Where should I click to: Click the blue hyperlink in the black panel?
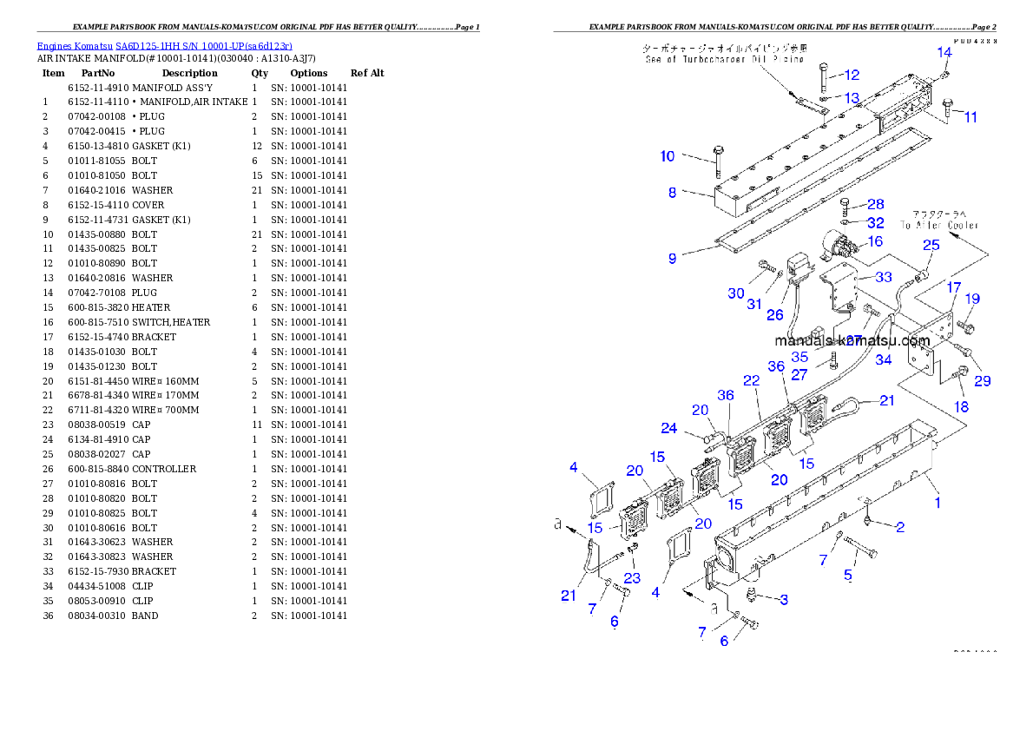point(164,45)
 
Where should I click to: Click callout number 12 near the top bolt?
point(851,75)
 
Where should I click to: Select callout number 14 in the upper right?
point(944,52)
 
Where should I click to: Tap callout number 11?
point(970,117)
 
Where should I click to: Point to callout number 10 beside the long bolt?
point(667,156)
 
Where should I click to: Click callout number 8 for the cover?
point(672,193)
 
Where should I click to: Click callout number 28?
point(875,204)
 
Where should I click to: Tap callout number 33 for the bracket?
point(883,277)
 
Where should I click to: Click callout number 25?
point(931,246)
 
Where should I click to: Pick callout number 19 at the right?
point(972,299)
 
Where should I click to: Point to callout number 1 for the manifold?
point(937,502)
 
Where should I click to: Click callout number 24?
point(668,427)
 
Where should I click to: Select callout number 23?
point(632,576)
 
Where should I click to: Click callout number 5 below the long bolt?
point(848,575)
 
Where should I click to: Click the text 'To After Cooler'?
point(938,225)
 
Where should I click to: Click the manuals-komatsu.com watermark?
point(852,341)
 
